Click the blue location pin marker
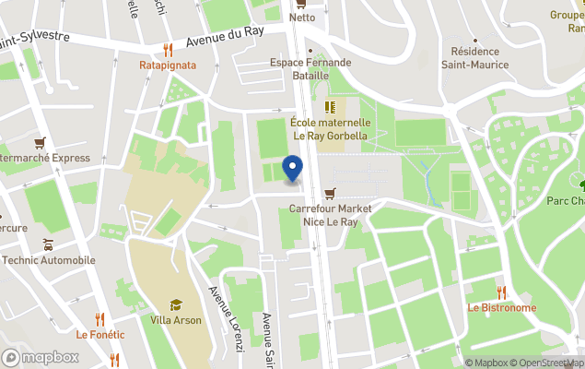pos(292,169)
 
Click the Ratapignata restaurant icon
pos(167,50)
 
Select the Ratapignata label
pos(167,65)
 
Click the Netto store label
pos(301,18)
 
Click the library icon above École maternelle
pos(330,107)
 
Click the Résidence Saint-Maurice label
pos(475,58)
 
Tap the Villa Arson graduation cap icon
pos(175,304)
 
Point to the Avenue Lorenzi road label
pos(226,318)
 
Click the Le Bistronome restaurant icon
pos(501,292)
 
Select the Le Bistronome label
pos(501,308)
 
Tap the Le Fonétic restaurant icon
pos(99,319)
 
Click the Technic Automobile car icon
pos(47,244)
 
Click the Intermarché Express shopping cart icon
pos(40,142)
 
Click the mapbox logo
pos(41,357)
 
